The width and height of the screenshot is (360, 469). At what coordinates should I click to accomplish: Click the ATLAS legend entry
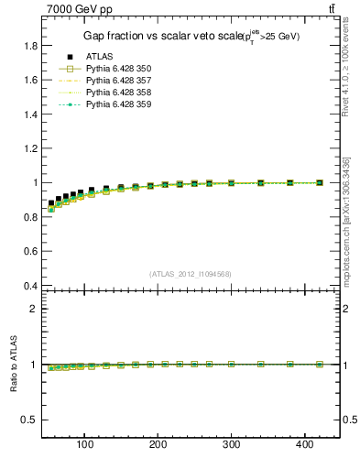pyautogui.click(x=99, y=57)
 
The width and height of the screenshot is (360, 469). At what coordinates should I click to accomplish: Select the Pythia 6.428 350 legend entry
pyautogui.click(x=118, y=69)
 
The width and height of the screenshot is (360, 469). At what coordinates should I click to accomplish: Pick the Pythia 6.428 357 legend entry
pyautogui.click(x=118, y=81)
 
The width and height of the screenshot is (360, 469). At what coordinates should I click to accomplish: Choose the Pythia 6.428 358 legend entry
pyautogui.click(x=118, y=93)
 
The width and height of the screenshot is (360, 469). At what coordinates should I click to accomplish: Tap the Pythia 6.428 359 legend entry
pyautogui.click(x=118, y=104)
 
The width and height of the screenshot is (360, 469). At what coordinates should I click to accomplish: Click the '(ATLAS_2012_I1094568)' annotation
pyautogui.click(x=190, y=273)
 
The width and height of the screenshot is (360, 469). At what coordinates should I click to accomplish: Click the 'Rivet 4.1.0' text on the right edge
pyautogui.click(x=346, y=68)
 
